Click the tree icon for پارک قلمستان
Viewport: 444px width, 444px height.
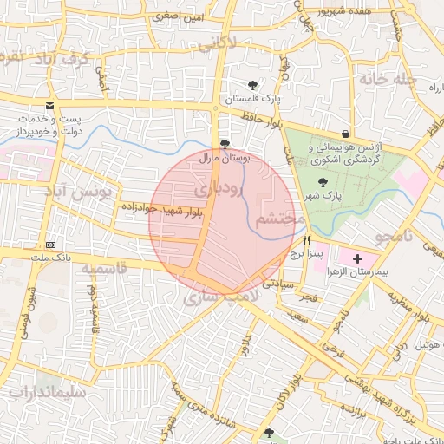click(x=252, y=85)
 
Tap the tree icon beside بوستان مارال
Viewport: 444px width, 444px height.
click(x=225, y=145)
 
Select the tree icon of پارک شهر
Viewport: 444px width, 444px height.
click(x=323, y=183)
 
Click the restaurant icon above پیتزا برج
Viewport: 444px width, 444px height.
click(x=306, y=239)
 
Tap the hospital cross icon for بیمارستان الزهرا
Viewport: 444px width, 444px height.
click(x=358, y=258)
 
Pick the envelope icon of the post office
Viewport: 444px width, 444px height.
click(x=49, y=105)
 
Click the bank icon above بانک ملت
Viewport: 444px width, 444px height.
click(x=50, y=244)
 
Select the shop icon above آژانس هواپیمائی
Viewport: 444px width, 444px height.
click(x=346, y=134)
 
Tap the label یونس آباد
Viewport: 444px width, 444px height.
click(x=107, y=192)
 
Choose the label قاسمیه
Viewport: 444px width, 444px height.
click(x=104, y=269)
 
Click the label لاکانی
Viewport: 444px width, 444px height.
click(x=217, y=42)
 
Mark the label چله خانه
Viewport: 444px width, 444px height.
click(x=384, y=80)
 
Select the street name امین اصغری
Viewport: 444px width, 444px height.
click(x=179, y=16)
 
